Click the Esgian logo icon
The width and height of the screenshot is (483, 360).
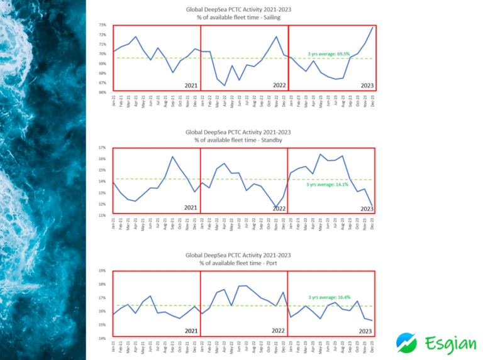point(406,342)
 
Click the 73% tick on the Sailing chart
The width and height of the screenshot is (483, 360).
point(102,25)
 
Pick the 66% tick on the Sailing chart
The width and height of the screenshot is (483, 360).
point(102,92)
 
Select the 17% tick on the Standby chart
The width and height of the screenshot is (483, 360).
point(102,148)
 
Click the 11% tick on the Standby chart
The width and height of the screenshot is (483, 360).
point(102,215)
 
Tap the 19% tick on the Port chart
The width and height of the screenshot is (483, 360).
point(102,271)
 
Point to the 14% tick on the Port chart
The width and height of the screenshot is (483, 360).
point(102,339)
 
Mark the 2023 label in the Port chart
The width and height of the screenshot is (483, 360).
point(366,331)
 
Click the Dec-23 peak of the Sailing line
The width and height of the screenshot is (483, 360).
point(373,26)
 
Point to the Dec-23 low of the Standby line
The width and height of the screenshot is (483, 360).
point(373,206)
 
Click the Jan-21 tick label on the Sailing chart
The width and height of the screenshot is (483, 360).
point(114,100)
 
